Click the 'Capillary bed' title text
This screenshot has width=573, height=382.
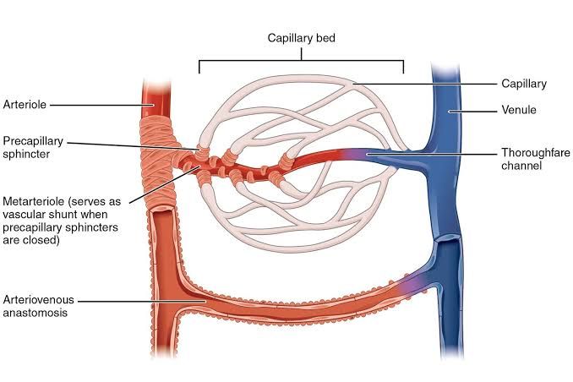(303, 38)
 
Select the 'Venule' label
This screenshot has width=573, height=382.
(519, 110)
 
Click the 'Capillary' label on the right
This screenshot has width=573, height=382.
(524, 84)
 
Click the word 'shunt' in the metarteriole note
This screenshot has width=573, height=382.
(66, 216)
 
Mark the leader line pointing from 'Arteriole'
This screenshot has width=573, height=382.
(97, 105)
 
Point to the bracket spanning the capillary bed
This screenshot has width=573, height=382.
(301, 61)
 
